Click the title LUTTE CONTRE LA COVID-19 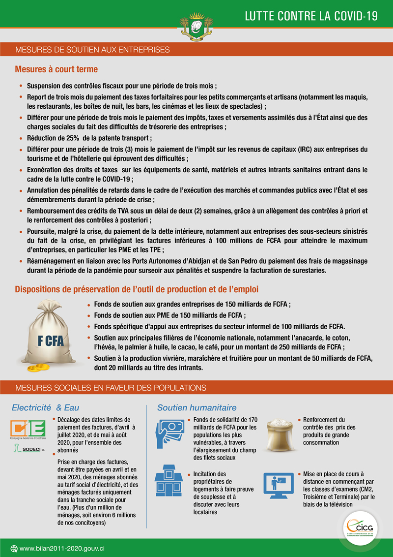coord(311,16)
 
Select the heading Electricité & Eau coord(45,408)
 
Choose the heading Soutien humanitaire coord(196,408)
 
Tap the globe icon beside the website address coord(14,549)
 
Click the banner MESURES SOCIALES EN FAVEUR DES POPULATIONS coord(111,388)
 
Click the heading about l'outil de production coord(137,289)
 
